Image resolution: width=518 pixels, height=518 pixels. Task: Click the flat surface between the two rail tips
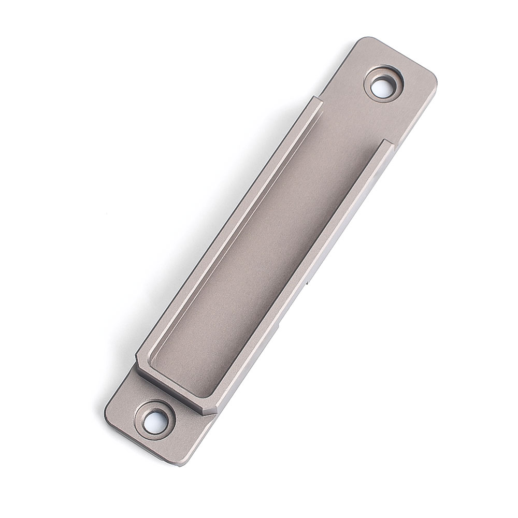tap(352, 122)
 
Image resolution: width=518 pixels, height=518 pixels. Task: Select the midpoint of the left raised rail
tap(228, 228)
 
